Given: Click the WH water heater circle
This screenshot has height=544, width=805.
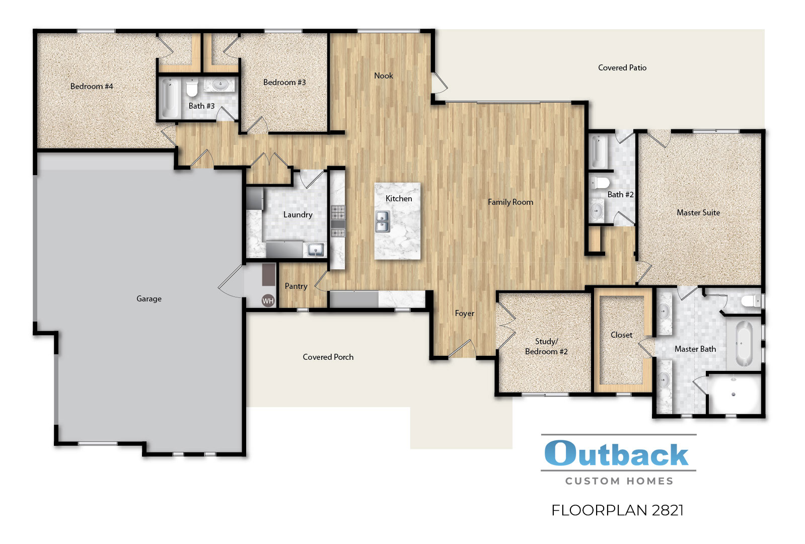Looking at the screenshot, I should pos(268,301).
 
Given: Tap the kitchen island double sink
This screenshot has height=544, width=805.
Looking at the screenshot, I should pos(382,221).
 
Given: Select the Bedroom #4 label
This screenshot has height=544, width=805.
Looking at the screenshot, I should pos(92,87).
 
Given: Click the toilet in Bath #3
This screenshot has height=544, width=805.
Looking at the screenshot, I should pos(192,89).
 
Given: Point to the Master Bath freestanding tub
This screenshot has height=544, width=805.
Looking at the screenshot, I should pos(743,344).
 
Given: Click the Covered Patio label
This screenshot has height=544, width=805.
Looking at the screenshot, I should pos(622,68).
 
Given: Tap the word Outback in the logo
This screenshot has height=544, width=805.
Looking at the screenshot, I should pos(616,454).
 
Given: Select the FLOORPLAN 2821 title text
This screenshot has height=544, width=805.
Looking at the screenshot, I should pos(617,510).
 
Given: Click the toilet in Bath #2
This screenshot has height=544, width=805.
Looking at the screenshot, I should pos(600,182).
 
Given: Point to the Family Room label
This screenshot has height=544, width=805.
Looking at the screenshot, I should pos(510,202).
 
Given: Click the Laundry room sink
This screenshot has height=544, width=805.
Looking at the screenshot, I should pos(316,250).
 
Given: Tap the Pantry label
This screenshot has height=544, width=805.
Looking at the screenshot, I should pos(296,286).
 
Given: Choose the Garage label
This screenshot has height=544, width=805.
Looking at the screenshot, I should pos(149,299).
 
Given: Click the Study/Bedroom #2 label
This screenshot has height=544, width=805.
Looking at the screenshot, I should pos(546,347).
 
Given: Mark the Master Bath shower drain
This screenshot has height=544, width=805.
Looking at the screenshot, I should pos(734,395).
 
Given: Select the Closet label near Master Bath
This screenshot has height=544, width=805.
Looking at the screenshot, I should pos(621,335).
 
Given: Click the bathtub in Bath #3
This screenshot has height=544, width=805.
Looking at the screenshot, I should pos(168,99).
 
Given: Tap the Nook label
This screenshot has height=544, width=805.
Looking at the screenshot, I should pos(383,76).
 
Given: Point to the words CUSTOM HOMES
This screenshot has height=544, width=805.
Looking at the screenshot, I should pos(619,481).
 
